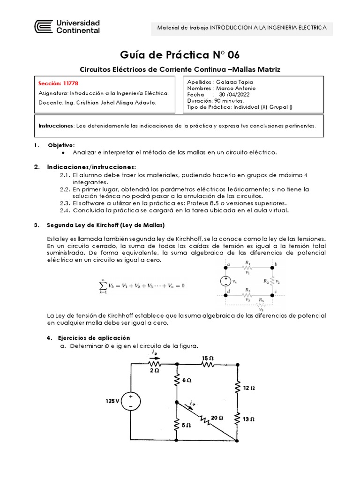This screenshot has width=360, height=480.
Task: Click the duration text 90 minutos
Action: coord(228,100)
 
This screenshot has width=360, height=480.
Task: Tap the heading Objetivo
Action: coord(61,145)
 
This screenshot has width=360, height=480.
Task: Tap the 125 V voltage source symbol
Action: coord(131,402)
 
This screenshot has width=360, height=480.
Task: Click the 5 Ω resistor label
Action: coord(186,425)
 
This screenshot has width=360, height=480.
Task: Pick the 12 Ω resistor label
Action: coord(249,388)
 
